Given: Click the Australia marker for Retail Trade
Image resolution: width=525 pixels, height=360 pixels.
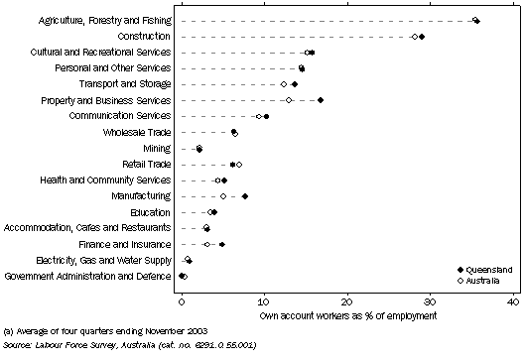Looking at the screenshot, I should pos(239,165).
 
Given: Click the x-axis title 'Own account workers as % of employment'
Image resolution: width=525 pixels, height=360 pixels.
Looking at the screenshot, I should pos(347,317).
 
